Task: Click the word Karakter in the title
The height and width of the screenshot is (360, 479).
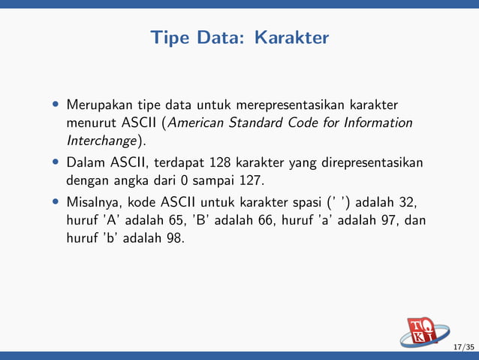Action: (291, 37)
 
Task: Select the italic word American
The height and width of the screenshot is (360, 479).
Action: (203, 123)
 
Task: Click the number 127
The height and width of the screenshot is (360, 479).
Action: (251, 180)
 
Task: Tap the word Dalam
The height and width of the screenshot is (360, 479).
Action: (86, 162)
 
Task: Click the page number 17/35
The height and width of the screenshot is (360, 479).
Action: (464, 347)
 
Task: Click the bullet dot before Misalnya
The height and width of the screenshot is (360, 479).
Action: (56, 202)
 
